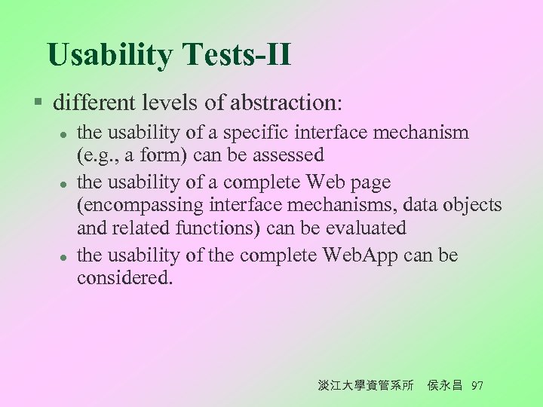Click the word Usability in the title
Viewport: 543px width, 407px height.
pos(109,55)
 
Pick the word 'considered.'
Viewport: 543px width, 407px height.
pos(125,277)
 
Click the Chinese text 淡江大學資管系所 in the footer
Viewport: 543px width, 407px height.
pos(366,385)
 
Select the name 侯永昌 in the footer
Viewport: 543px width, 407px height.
pos(446,385)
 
